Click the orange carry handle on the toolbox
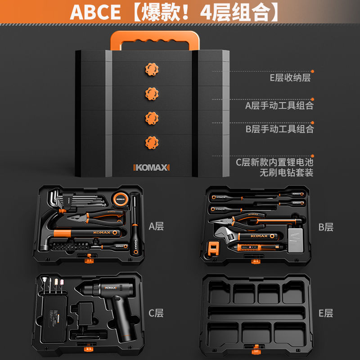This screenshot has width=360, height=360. (x=152, y=36)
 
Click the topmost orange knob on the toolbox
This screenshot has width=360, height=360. (x=152, y=69)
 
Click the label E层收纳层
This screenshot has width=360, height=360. (x=290, y=78)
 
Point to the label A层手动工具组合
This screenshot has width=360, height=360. (x=279, y=106)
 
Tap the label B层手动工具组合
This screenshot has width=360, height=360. (x=279, y=129)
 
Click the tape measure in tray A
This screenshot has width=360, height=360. (x=120, y=198)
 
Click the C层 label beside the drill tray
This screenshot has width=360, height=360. (x=156, y=313)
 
